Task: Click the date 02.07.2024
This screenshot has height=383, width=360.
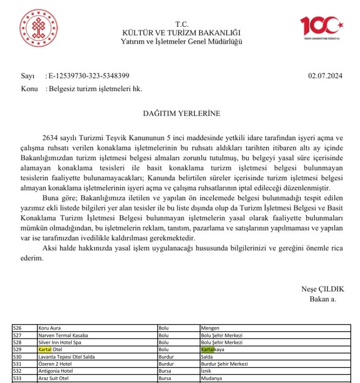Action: [x=325, y=76]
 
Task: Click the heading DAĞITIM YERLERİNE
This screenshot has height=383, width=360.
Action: [x=182, y=113]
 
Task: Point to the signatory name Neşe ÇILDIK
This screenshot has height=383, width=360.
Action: [x=322, y=289]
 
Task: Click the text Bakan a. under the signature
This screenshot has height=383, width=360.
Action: [x=323, y=299]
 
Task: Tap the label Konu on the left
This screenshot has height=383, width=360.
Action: [x=30, y=89]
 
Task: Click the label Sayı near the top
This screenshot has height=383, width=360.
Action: [x=28, y=76]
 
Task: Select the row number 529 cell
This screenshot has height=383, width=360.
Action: [x=18, y=350]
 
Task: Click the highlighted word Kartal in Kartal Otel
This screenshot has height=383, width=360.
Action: [x=45, y=350]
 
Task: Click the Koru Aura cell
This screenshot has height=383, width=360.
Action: [x=50, y=328]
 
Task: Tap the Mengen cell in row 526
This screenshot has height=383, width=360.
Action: [x=210, y=328]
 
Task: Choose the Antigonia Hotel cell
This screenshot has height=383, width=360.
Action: [x=55, y=371]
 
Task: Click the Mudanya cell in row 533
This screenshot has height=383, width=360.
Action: [x=212, y=378]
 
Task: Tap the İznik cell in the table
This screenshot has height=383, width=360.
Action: [x=206, y=371]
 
